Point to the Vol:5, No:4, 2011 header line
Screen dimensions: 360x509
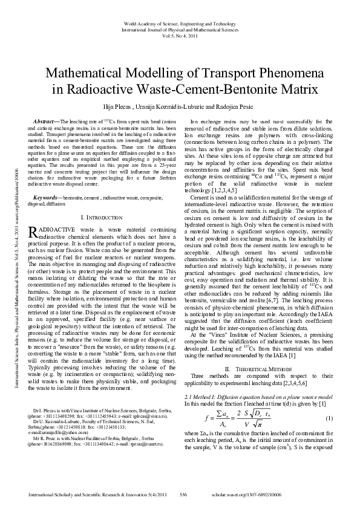click(179, 35)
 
